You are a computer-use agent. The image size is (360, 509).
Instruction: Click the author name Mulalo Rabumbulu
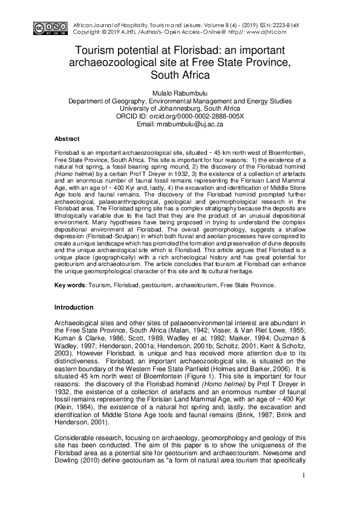[180, 93]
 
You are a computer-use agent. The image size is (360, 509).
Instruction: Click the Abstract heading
[67, 138]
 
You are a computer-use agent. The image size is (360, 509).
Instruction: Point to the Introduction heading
[77, 308]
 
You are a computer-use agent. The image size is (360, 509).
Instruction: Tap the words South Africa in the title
[180, 76]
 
